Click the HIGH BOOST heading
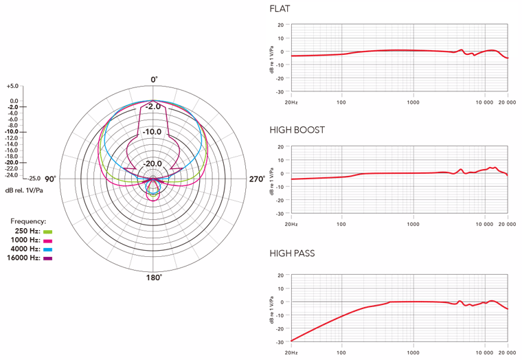pos(297,130)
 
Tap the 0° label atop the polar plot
pos(155,80)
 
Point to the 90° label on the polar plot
pos(51,179)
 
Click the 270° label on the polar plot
pos(257,179)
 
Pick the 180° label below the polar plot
pos(154,278)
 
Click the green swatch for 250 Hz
pos(48,232)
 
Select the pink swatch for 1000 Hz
pos(48,240)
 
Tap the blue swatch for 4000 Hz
pos(48,249)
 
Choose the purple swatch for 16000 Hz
pos(48,258)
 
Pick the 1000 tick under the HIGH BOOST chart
pos(413,224)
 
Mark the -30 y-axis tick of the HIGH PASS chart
pos(280,341)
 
